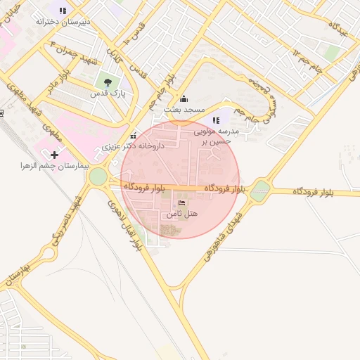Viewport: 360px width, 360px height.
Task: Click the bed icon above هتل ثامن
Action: [183, 202]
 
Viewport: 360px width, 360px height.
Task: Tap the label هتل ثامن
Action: [185, 212]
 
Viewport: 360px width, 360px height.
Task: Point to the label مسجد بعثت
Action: [184, 110]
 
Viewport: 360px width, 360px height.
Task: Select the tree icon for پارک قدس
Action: [107, 82]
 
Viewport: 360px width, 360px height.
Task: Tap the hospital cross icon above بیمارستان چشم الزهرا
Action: [55, 154]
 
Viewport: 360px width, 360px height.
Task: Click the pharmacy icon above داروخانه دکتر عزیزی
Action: [134, 136]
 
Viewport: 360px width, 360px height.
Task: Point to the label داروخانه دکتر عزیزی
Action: [133, 147]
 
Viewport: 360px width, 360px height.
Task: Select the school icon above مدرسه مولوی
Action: [216, 120]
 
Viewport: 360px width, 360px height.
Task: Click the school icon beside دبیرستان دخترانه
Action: [63, 11]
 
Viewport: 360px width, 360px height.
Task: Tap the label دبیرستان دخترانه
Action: [63, 22]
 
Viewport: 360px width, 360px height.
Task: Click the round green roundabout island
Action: [98, 176]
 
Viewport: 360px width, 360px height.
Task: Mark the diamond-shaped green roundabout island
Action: [261, 188]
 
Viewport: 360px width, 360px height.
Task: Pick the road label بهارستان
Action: [19, 274]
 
